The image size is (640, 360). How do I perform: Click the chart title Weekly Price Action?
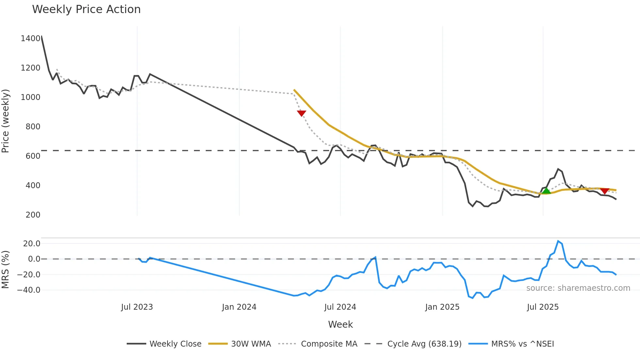coord(86,9)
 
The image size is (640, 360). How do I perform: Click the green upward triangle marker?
coord(546,190)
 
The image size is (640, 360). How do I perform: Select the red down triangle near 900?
coord(301,113)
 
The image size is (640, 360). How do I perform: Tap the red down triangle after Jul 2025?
coord(604,191)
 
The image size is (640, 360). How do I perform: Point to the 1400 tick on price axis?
coord(30,39)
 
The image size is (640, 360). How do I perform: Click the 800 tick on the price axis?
coord(33,127)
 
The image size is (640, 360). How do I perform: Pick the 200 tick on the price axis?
coord(33,215)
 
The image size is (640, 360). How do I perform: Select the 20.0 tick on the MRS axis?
coord(32,244)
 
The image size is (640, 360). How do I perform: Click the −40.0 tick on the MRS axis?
coord(29,290)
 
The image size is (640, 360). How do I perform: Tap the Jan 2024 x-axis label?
coord(239,307)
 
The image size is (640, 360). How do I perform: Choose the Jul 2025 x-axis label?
coord(543,307)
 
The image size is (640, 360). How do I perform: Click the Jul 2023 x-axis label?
coord(137,307)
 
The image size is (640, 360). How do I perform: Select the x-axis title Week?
coord(340,324)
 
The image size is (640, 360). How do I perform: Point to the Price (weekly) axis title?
coord(6,121)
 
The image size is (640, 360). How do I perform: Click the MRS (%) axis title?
coord(6,270)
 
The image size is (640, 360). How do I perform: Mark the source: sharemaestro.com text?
coord(578,288)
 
